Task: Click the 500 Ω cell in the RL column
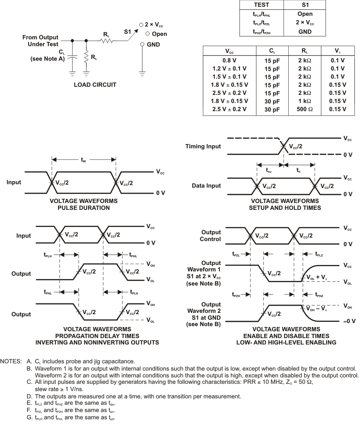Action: [305, 109]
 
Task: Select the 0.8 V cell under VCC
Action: [229, 61]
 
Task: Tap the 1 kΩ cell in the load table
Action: [305, 101]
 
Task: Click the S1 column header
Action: [305, 5]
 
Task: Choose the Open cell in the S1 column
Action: [305, 14]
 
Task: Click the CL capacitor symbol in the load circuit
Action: [72, 56]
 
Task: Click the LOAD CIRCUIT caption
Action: [95, 85]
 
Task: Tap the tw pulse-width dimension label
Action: [84, 160]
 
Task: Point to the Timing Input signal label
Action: [203, 146]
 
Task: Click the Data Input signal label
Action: [206, 185]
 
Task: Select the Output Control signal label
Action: [211, 236]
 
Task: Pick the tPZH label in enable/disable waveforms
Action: [236, 295]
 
